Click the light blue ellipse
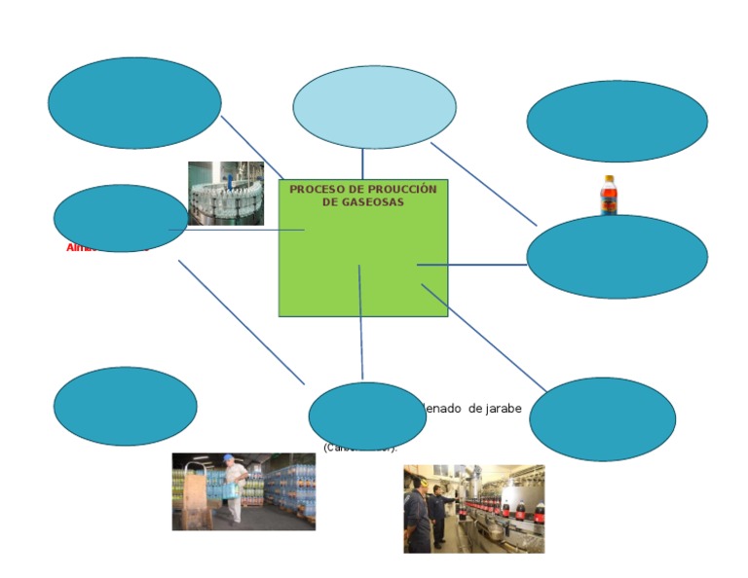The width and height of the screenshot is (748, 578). click(374, 107)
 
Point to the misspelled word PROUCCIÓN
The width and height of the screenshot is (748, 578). click(399, 190)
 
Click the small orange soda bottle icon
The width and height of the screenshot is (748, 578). click(608, 195)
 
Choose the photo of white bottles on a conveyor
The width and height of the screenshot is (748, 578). click(226, 194)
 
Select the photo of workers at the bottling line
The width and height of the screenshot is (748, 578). click(473, 508)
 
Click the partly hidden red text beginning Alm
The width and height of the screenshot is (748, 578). click(78, 248)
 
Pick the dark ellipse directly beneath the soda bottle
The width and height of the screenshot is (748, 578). click(617, 257)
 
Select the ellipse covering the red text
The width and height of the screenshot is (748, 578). click(121, 218)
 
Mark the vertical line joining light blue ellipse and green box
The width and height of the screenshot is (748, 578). click(362, 163)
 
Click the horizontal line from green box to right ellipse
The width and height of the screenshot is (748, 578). click(472, 265)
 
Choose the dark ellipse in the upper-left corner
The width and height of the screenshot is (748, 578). click(134, 103)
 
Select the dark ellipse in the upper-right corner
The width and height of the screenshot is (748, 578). click(617, 122)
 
